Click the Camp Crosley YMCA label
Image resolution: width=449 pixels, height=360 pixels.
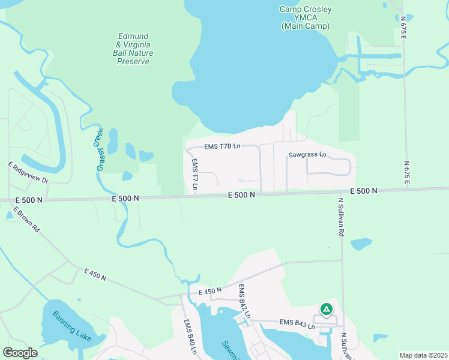click(x=305, y=17)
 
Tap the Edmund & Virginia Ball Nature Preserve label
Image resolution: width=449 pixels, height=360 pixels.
click(x=135, y=49)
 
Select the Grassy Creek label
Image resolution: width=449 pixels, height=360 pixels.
click(x=100, y=149)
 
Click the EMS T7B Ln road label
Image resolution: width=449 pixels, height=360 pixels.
click(x=222, y=146)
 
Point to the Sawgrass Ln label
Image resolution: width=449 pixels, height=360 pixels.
click(x=306, y=154)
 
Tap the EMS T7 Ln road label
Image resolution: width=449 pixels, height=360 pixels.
click(x=194, y=175)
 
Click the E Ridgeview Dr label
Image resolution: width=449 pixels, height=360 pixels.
click(x=28, y=172)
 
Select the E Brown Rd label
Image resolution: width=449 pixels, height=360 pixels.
click(x=25, y=221)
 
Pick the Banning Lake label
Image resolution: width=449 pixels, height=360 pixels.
click(x=71, y=326)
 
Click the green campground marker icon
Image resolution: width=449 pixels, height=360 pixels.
click(x=326, y=309)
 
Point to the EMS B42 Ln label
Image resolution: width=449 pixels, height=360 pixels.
click(x=244, y=301)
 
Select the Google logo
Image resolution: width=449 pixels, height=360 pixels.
click(x=20, y=352)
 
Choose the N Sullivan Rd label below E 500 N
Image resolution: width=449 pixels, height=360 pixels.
click(x=341, y=217)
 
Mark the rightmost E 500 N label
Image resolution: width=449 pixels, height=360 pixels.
click(x=363, y=190)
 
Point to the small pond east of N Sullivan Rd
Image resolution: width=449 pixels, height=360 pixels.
click(x=361, y=244)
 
